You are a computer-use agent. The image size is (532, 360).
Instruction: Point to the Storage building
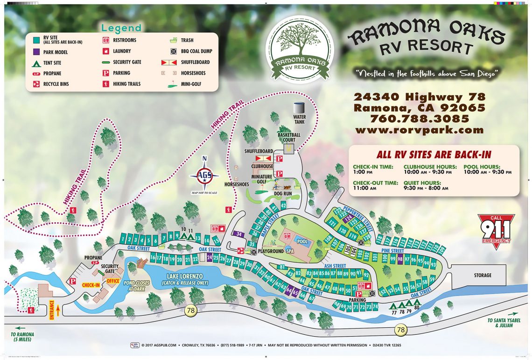click(483, 275)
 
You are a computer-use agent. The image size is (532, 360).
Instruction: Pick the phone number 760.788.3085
click(419, 119)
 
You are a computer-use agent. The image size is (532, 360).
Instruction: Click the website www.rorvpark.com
click(419, 130)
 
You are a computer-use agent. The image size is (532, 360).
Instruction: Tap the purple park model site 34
click(239, 233)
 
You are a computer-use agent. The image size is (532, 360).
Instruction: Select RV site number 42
click(283, 205)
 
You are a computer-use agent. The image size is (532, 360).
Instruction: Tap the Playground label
click(271, 251)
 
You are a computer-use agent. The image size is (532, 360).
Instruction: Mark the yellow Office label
click(113, 281)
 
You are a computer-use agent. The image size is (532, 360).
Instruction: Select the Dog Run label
click(283, 193)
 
